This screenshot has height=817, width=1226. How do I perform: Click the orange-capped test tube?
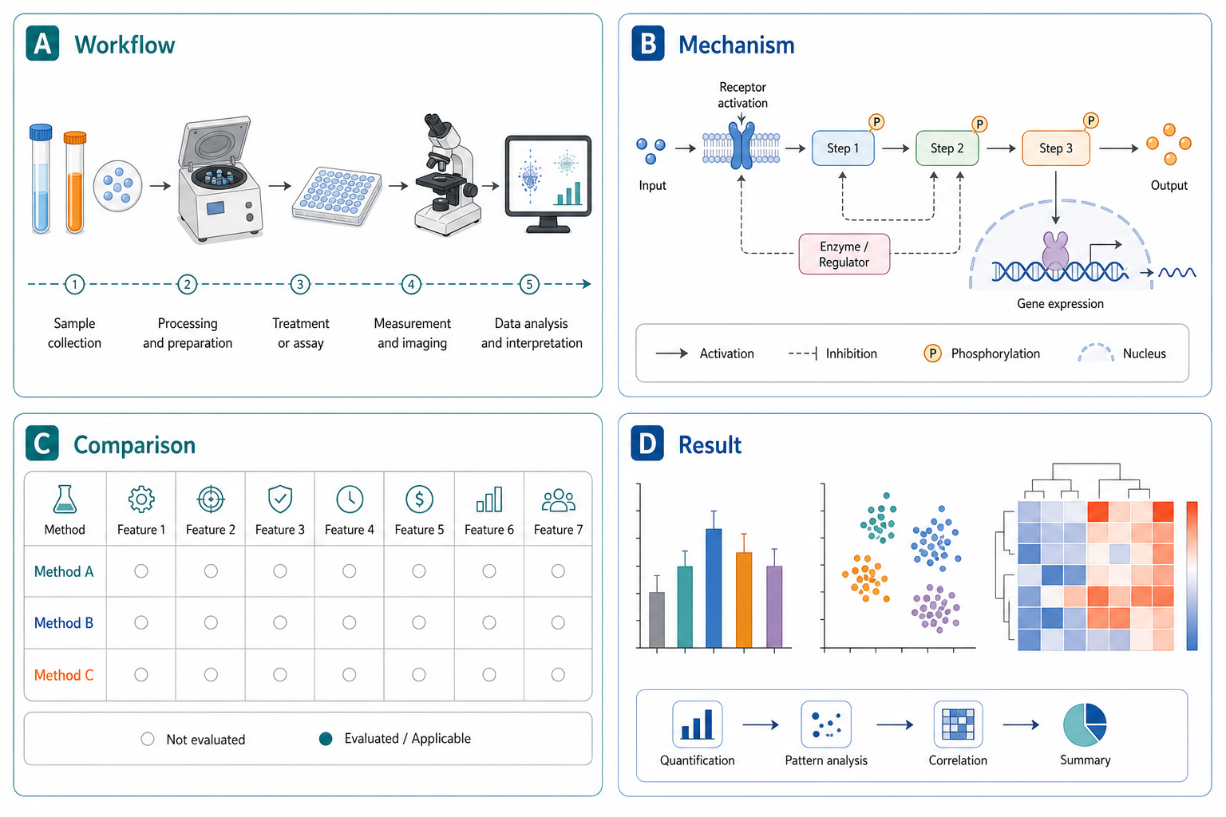tap(74, 182)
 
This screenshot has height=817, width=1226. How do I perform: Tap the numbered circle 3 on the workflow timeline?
tap(300, 284)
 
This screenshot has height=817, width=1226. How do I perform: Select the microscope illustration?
tap(448, 175)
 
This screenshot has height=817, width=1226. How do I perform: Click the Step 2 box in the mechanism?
tap(947, 148)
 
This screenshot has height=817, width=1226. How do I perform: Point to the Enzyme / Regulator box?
tap(844, 254)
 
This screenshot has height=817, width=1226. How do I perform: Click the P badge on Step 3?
tap(1091, 120)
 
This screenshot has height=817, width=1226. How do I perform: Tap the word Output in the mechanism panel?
tap(1169, 186)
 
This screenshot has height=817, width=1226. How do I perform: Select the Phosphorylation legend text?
tap(995, 353)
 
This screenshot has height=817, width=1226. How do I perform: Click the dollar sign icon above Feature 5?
tap(419, 499)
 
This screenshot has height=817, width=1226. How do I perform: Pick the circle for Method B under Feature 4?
tap(349, 622)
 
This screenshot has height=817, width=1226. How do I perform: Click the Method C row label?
tap(64, 675)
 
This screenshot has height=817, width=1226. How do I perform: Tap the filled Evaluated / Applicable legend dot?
tap(326, 740)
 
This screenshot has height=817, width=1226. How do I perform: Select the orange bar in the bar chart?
tap(744, 600)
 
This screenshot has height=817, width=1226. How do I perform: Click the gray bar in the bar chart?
tap(657, 620)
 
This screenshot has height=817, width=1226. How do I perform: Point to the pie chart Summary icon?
tap(1085, 725)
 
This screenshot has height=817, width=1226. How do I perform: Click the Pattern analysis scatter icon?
tap(826, 724)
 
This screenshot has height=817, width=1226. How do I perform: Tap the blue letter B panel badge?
tap(648, 43)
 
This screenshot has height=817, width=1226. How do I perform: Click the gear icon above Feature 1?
tap(141, 499)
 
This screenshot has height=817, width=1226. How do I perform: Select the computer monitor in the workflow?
tap(548, 184)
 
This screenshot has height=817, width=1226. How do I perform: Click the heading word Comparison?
tap(135, 445)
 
